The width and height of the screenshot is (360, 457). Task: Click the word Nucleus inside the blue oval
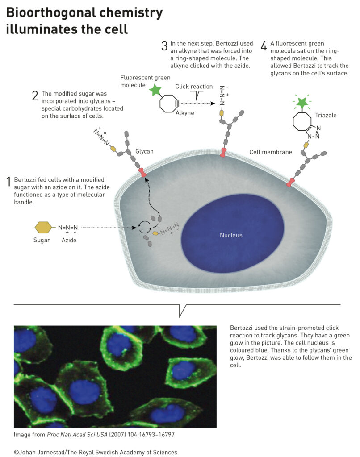click(x=231, y=235)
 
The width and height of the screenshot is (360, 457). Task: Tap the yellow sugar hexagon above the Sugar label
click(x=43, y=227)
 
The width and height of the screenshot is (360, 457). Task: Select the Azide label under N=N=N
click(x=69, y=240)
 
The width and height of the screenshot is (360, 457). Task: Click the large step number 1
click(x=9, y=182)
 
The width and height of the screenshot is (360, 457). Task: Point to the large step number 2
click(x=35, y=96)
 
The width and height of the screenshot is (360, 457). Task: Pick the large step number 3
click(x=164, y=46)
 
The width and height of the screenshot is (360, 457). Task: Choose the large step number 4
click(x=264, y=46)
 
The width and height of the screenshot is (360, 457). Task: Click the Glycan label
click(x=144, y=151)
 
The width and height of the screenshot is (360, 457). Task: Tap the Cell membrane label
click(x=270, y=152)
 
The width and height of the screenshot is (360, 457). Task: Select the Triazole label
click(x=326, y=116)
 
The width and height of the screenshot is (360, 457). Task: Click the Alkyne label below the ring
click(x=184, y=113)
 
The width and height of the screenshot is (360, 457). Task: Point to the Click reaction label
click(x=194, y=87)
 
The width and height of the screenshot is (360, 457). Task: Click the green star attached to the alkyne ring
click(x=155, y=90)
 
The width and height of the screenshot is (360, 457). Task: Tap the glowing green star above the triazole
click(x=302, y=102)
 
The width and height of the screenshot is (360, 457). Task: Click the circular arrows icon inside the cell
click(x=144, y=227)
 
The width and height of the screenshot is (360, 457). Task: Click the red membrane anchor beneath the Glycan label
click(x=142, y=172)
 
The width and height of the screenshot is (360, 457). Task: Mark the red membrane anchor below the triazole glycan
click(x=290, y=183)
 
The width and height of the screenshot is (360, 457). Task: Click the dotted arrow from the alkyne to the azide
click(x=198, y=104)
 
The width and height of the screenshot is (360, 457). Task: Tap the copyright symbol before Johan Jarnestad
click(x=17, y=453)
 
